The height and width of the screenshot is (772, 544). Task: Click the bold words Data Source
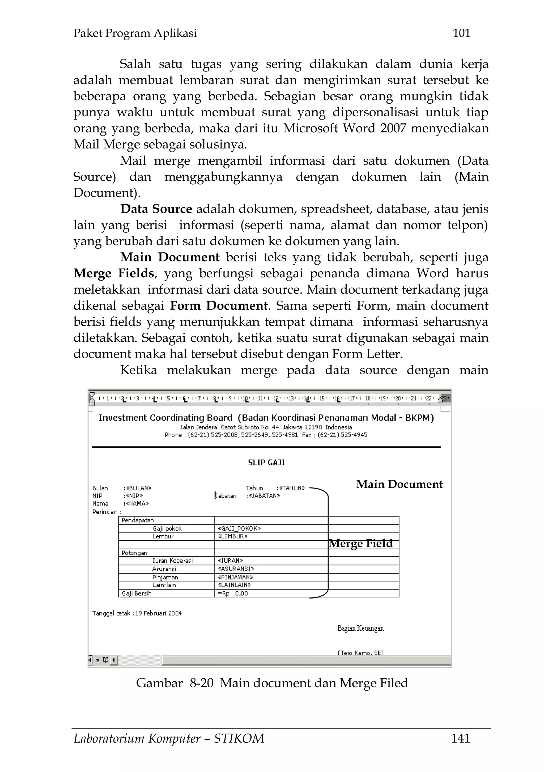click(x=156, y=209)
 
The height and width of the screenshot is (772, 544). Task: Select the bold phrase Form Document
click(x=219, y=306)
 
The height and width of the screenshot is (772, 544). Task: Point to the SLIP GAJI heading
click(x=266, y=463)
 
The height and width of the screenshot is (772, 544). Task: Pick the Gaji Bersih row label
click(x=137, y=593)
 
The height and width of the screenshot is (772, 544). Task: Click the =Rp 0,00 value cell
click(x=233, y=593)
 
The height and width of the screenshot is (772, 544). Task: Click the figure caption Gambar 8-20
click(x=175, y=683)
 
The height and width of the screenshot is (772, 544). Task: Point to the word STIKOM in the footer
click(x=239, y=738)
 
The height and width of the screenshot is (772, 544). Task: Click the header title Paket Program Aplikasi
click(x=135, y=33)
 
